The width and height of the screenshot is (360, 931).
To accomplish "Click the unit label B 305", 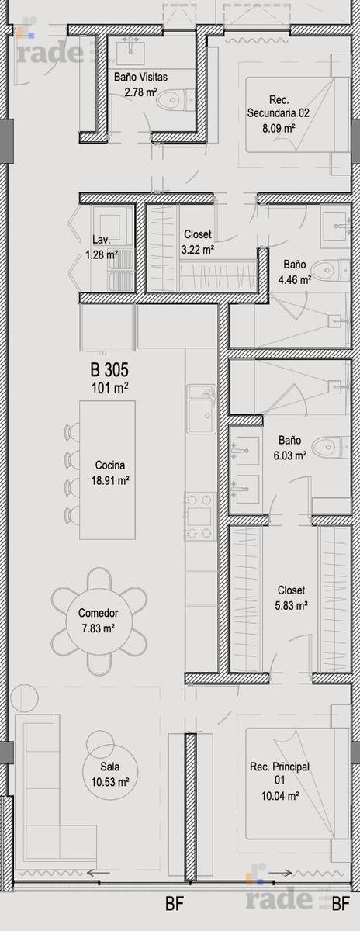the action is coord(109,369).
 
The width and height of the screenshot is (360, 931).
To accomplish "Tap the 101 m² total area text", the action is coord(109,388).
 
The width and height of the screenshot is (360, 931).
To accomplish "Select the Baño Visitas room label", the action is coord(141,77).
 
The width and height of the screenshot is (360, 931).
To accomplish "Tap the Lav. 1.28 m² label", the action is coord(102,247).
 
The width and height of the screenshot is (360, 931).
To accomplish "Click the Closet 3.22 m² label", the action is coord(198,242).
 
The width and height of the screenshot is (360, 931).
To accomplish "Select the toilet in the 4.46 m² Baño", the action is coord(331,271).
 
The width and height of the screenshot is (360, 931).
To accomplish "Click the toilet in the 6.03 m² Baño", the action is coord(331,447).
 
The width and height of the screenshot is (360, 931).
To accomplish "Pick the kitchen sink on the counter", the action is coord(202,410).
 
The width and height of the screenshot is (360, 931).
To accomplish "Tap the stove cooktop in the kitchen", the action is coord(201,516).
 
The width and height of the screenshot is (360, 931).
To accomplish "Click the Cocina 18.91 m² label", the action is coord(110,472).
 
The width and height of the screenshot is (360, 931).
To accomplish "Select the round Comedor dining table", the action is coord(99,621).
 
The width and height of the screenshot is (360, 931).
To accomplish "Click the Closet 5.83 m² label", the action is coord(291,597).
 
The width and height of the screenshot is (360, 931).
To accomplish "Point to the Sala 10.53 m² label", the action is coord(109,774).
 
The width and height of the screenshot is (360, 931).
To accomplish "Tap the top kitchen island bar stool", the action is coord(72,432).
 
